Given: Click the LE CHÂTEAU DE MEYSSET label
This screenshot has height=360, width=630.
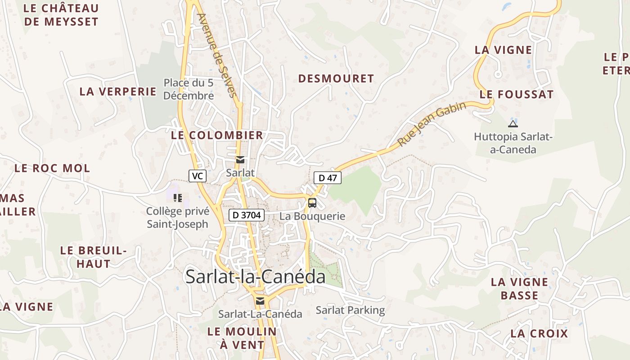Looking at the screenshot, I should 61,15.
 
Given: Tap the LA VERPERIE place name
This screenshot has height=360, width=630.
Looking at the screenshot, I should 118,91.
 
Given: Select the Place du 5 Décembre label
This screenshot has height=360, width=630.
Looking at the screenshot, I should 189,89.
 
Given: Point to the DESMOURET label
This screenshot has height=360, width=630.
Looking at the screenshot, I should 336,79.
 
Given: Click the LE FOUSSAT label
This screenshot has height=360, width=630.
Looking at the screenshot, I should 517,94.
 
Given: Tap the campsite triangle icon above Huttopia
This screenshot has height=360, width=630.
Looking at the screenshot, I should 513,124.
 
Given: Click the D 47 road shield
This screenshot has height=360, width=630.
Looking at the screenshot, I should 328,178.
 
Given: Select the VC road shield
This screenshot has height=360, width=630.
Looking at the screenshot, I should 197,176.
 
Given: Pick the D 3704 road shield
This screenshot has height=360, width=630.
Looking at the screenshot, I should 246,215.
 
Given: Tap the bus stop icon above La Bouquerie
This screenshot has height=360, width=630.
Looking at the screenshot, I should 312,203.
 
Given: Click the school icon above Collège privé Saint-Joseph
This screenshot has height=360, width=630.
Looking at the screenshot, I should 177,198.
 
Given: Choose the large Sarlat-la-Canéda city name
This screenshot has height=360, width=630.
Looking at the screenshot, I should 255,276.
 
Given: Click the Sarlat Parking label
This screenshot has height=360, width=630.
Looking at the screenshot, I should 350,310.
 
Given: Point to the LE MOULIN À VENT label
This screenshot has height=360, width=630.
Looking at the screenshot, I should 242,338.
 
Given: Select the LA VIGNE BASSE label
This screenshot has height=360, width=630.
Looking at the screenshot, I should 519,289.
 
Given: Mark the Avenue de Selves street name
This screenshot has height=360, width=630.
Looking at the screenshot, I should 216,55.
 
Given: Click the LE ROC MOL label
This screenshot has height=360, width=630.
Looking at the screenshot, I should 52,168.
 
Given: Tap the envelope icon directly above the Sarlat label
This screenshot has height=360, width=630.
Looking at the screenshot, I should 240,160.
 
